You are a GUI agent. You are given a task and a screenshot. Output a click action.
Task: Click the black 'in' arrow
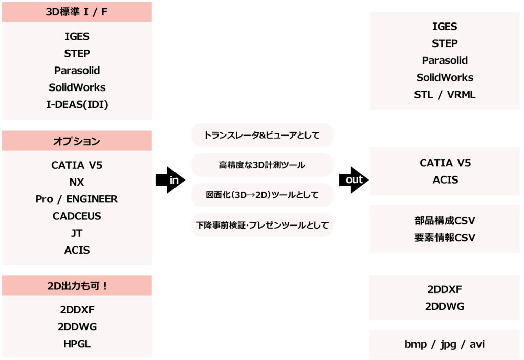tap(170, 180)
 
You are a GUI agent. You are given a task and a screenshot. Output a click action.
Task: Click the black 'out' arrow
tap(354, 180)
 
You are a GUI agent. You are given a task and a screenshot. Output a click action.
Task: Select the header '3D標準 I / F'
tap(77, 12)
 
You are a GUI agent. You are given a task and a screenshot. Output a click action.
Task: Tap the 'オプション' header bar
tap(77, 141)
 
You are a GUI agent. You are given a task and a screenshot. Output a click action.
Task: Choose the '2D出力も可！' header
tap(77, 285)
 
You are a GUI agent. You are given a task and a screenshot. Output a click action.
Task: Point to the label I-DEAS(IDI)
tap(77, 104)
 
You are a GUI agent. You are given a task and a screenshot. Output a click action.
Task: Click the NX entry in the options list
tap(77, 182)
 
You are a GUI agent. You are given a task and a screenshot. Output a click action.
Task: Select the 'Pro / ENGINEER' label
tap(77, 199)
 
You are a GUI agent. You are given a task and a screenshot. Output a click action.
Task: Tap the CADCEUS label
tap(77, 216)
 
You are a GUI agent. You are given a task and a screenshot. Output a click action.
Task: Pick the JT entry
tap(77, 233)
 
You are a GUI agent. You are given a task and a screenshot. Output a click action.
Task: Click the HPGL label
tap(77, 344)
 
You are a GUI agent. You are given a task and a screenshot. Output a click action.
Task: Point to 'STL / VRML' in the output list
tap(445, 95)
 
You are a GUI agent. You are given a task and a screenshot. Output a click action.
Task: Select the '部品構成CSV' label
tap(445, 220)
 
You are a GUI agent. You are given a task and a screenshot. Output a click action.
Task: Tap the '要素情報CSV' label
tap(445, 237)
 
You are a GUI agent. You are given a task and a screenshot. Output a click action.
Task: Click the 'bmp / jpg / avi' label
tap(445, 344)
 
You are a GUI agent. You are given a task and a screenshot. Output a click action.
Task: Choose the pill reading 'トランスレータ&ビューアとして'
tap(263, 135)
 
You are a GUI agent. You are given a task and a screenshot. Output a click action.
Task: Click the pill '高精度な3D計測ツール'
tap(263, 165)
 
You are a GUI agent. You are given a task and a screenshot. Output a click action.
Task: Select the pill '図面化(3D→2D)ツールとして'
tap(263, 195)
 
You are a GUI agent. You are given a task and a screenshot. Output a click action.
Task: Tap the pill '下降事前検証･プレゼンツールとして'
tap(263, 225)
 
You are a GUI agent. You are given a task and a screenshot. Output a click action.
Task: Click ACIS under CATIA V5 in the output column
tap(446, 179)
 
